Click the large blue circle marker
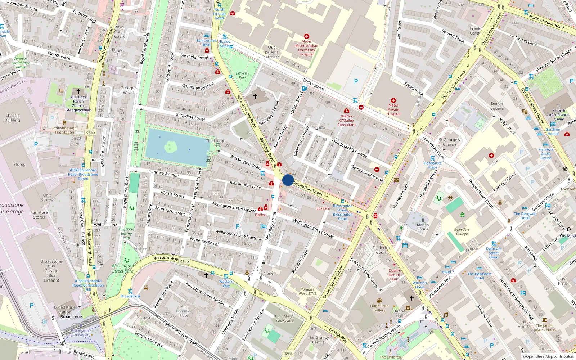pos(288,180)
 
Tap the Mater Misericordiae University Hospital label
pos(306,48)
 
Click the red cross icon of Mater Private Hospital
pos(393,100)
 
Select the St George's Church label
pos(449,142)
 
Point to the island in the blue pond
pos(170,147)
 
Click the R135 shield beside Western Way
pos(184,261)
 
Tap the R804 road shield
pos(288,354)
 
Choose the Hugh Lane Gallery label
pos(379,308)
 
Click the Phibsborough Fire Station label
pos(64,130)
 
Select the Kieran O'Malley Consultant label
pos(346,120)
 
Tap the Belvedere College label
pos(462,231)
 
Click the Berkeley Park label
pos(243,75)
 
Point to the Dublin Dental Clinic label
pos(394,275)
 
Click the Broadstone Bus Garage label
pos(51,271)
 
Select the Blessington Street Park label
pos(123,268)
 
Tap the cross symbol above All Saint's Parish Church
pos(78,91)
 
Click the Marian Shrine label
pos(423,227)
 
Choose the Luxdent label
pos(323,208)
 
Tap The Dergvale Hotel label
pos(525,216)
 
